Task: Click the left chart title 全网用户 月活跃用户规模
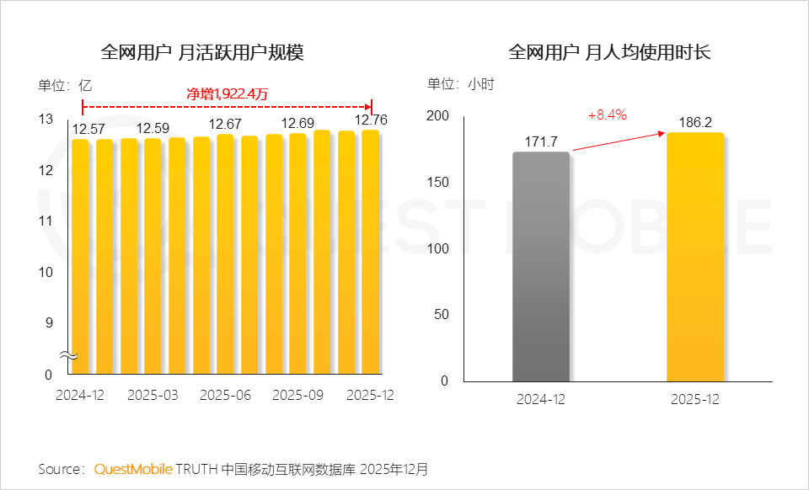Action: coord(202,52)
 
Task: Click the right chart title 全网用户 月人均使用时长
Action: coord(610,52)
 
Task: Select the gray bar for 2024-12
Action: coord(541,266)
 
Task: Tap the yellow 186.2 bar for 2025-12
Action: coord(695,257)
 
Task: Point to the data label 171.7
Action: coord(542,140)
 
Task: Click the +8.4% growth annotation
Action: coord(607,115)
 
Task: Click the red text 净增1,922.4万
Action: coord(227,93)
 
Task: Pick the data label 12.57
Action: coord(88,129)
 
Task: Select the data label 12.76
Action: coord(372,120)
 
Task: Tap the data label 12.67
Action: coord(226,125)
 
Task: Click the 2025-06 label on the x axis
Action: coord(226,395)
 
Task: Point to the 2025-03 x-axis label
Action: coord(153,395)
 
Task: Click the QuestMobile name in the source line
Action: coord(133,468)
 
